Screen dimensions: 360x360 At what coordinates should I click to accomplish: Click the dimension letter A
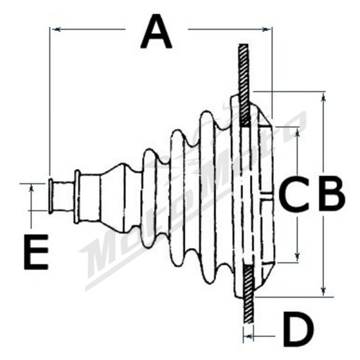click(156, 31)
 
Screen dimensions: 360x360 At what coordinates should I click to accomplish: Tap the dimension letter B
click(332, 193)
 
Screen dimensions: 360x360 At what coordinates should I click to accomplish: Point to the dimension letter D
click(298, 329)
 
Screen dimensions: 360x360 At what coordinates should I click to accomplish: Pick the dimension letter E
click(36, 251)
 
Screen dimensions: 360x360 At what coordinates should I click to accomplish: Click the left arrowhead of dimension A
click(56, 29)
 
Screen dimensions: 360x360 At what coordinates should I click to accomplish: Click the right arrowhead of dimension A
click(266, 29)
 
